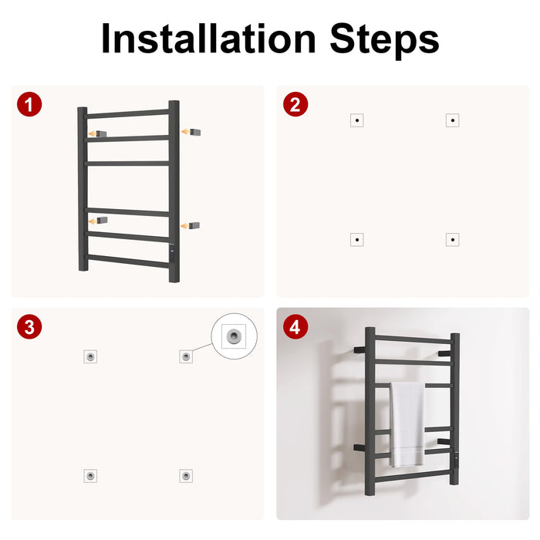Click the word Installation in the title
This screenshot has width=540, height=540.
point(209,39)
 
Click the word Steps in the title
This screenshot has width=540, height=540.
point(384,41)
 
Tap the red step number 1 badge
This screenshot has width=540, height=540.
point(29,104)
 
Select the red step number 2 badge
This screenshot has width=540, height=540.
point(295,104)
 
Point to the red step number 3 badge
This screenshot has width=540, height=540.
point(29,327)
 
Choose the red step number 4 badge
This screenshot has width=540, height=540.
point(295,327)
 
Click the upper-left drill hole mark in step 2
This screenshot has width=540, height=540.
point(357,120)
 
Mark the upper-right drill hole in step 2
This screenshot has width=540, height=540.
point(453,120)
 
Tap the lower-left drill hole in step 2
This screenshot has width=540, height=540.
point(357,239)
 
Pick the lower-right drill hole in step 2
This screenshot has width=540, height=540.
point(453,239)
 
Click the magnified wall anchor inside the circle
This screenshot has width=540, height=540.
point(235,336)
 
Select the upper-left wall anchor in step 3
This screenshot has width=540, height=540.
point(90,356)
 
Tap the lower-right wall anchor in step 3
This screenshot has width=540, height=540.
point(186,476)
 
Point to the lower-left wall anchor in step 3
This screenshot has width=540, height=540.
point(90,476)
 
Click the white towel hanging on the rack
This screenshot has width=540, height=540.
point(407,424)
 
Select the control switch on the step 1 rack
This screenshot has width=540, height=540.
point(171,252)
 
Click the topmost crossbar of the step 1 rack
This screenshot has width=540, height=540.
point(127,113)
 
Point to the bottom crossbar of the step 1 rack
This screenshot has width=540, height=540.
point(127,261)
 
